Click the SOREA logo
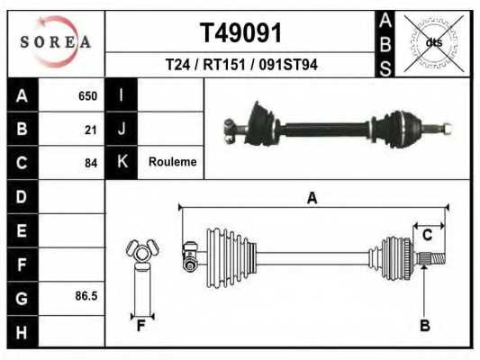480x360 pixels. point(56,42)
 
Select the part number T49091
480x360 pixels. point(240,31)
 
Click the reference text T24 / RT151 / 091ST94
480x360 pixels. point(240,65)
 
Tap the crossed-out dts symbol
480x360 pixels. point(433,42)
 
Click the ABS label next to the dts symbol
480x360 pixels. point(384,43)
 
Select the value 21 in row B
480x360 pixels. point(90,129)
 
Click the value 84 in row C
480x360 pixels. point(90,163)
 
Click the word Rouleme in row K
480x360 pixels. point(173,162)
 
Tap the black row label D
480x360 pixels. point(23,196)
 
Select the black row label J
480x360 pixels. point(121,129)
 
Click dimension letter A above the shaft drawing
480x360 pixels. point(312,198)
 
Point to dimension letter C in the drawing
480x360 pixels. point(428,235)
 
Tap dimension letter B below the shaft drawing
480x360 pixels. point(424,325)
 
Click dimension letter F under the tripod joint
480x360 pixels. point(140,325)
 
